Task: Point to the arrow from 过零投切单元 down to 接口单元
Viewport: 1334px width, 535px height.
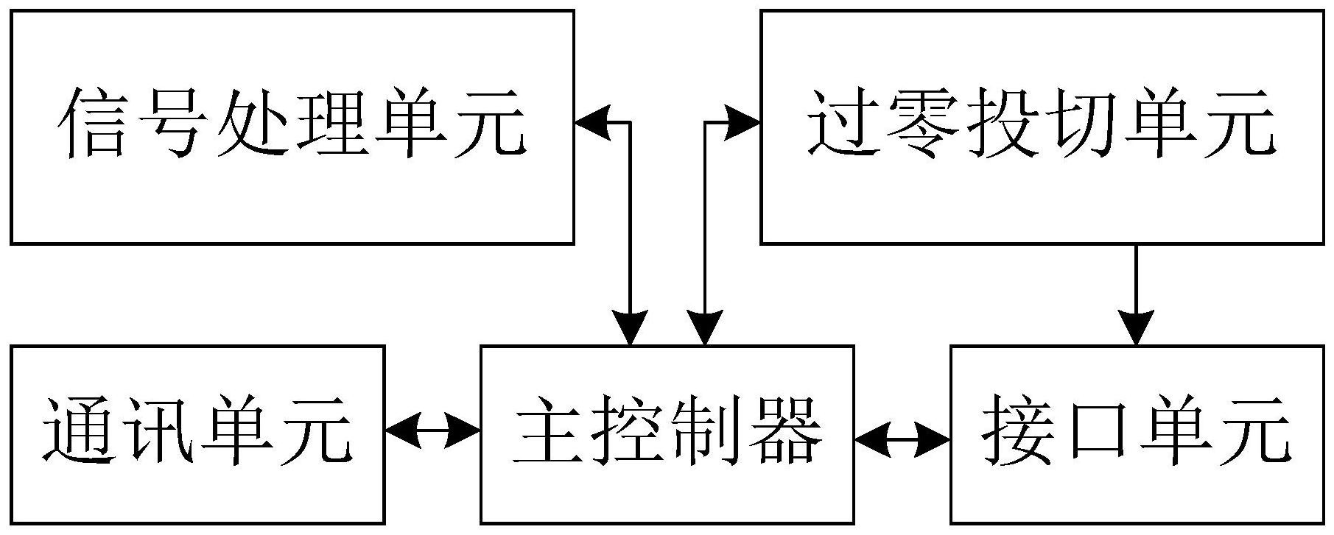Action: [1136, 294]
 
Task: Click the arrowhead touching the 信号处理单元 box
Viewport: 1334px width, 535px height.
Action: [592, 122]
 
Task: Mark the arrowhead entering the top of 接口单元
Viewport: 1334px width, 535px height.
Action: [1136, 327]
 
